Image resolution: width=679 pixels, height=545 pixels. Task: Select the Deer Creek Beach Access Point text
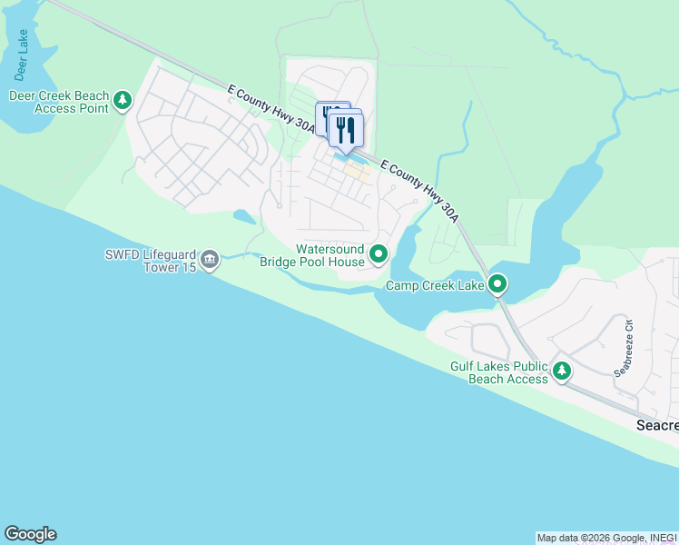click(59, 102)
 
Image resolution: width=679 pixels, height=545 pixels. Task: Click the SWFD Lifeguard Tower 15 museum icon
click(210, 261)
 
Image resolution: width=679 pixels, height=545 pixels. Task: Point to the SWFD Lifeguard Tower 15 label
click(151, 261)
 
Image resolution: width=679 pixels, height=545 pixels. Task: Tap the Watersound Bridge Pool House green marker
click(379, 255)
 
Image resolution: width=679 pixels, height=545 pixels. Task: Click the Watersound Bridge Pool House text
click(312, 255)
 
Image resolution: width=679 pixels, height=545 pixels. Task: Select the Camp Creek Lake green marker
click(497, 285)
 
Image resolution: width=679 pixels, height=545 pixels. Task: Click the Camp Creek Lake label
click(435, 286)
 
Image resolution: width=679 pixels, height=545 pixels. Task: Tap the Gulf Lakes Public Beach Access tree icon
click(562, 372)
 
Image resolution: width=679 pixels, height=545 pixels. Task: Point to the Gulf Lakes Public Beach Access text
click(499, 372)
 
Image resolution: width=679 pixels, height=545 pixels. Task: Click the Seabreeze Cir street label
click(624, 346)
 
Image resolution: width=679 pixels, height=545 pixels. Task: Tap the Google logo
click(30, 534)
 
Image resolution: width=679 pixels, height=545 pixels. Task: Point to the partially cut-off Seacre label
click(655, 425)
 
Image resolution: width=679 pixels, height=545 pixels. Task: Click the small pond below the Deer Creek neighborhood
click(244, 217)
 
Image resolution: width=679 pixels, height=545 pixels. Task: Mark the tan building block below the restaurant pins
click(357, 172)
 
